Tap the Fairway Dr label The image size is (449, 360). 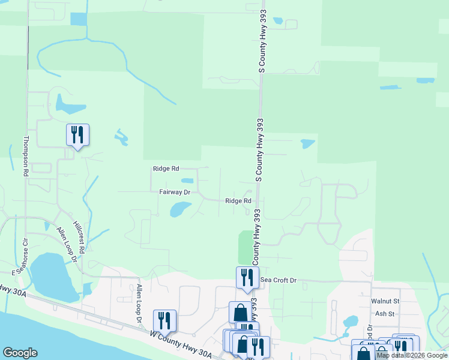[175, 193]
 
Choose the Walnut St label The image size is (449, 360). [385, 301]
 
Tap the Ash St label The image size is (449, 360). [384, 314]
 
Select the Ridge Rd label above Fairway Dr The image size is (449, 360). [165, 169]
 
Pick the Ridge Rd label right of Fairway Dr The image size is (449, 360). [238, 201]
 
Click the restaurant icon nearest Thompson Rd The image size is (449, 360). [77, 134]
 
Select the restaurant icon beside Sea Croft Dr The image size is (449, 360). [247, 277]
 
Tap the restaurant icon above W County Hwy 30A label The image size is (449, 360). [164, 320]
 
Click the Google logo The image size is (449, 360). [20, 353]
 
